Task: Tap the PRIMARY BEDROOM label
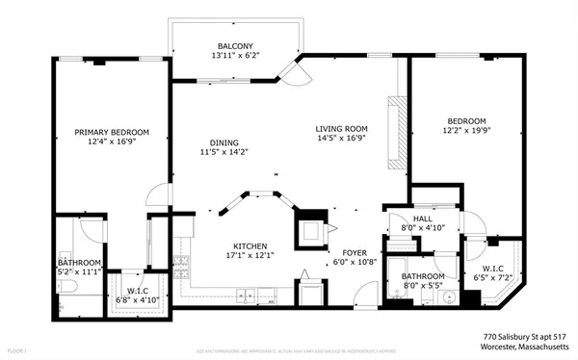[113, 132]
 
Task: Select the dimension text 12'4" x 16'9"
[113, 142]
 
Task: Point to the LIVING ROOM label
[342, 127]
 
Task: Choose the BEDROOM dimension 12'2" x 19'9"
[466, 130]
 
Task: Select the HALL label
[423, 219]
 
